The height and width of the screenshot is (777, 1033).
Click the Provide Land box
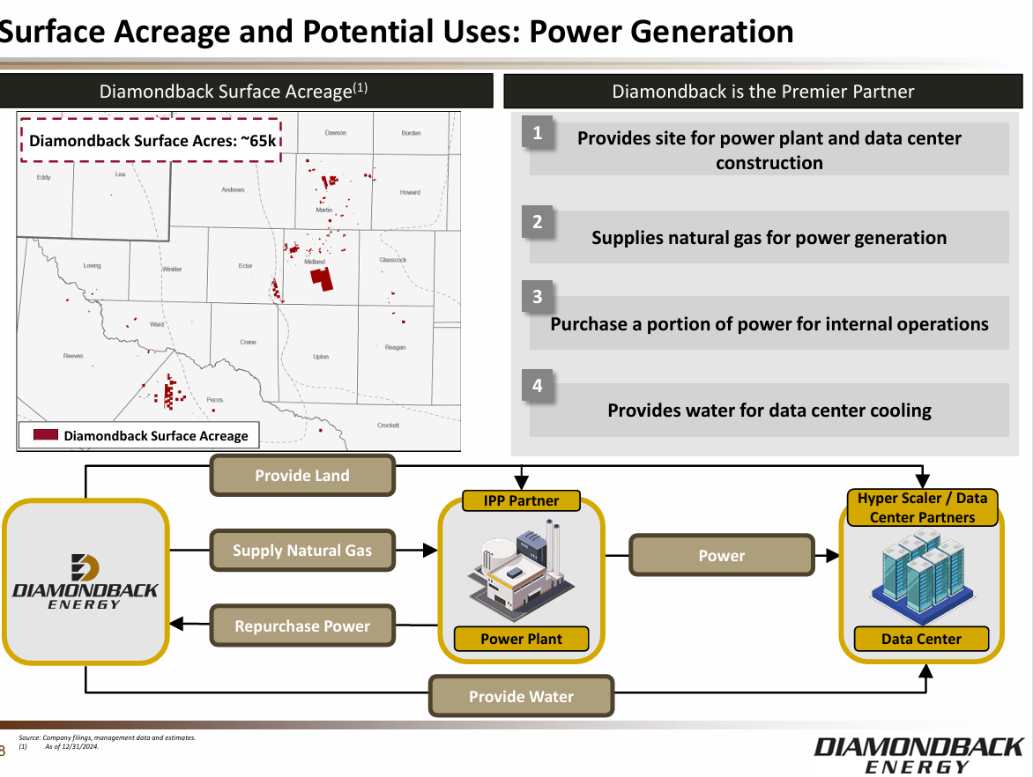point(302,476)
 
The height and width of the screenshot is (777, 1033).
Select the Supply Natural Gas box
point(302,551)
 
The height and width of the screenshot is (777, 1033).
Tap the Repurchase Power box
point(302,626)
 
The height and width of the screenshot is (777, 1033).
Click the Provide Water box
point(521,697)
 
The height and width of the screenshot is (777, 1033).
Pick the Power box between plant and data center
point(721,556)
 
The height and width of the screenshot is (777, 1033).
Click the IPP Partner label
point(521,500)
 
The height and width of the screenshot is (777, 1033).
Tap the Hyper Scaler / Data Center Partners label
point(922,508)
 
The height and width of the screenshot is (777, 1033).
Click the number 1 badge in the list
point(538,134)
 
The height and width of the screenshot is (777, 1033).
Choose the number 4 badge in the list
point(538,386)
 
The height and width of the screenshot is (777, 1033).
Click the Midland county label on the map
point(315,262)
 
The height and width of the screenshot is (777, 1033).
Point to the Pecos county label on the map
point(215,400)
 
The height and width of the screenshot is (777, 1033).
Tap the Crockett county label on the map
point(388,425)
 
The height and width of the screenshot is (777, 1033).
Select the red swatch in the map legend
point(46,435)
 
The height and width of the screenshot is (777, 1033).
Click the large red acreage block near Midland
point(322,279)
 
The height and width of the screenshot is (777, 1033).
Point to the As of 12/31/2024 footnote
point(71,747)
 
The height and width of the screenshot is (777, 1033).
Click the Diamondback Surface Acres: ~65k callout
point(151,140)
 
